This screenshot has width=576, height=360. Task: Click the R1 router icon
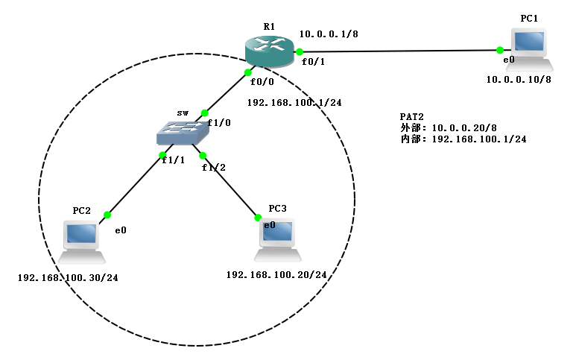pos(270,51)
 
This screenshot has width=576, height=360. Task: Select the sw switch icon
pos(183,133)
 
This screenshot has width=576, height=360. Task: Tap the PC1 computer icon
pos(530,50)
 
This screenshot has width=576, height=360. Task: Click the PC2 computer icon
pos(81,242)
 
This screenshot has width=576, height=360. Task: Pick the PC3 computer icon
pos(278,240)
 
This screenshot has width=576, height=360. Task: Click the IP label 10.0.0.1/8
pos(329,34)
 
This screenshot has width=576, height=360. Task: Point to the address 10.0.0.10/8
pos(519,80)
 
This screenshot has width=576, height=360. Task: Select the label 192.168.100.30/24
pos(68,278)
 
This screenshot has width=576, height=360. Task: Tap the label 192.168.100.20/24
pos(276,275)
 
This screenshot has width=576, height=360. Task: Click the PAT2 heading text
pos(412,117)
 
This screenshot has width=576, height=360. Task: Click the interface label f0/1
pos(314,62)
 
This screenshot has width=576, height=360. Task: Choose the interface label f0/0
pos(262,82)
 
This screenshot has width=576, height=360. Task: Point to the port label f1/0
pos(219,123)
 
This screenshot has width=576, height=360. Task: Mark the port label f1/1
pos(174,160)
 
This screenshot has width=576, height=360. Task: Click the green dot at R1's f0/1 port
pos(300,51)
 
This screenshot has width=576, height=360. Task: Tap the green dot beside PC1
pos(499,50)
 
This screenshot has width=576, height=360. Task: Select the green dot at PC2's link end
pos(107,215)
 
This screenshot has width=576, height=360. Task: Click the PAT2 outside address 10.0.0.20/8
pos(464,128)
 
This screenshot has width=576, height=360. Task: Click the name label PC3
pos(277,209)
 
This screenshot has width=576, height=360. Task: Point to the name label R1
pos(269,26)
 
